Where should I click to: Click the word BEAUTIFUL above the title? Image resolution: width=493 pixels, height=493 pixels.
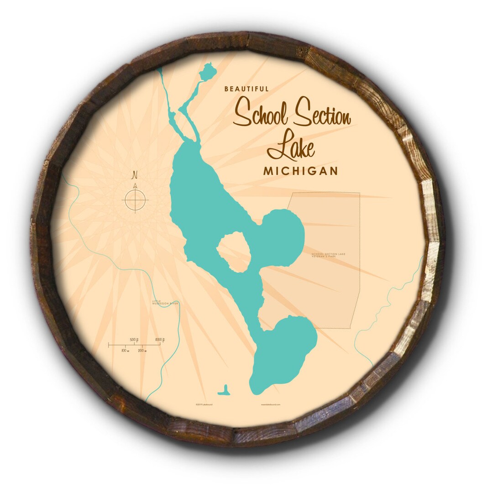point(246,89)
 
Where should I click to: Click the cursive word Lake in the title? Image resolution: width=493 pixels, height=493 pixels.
point(291,145)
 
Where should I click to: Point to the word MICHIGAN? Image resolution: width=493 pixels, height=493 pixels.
point(300,171)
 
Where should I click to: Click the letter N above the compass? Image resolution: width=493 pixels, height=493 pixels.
point(135,175)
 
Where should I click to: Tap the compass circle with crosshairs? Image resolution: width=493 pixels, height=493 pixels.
point(135,200)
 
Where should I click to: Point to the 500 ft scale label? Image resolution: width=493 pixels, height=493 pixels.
point(134,340)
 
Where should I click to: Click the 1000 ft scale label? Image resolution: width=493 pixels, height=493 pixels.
point(159,340)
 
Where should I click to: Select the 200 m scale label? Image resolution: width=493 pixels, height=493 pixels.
point(142,351)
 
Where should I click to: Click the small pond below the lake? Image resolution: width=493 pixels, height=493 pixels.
point(224,391)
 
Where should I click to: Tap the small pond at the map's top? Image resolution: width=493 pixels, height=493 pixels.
point(208,71)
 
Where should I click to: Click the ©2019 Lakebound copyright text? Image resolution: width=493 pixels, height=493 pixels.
point(204,404)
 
